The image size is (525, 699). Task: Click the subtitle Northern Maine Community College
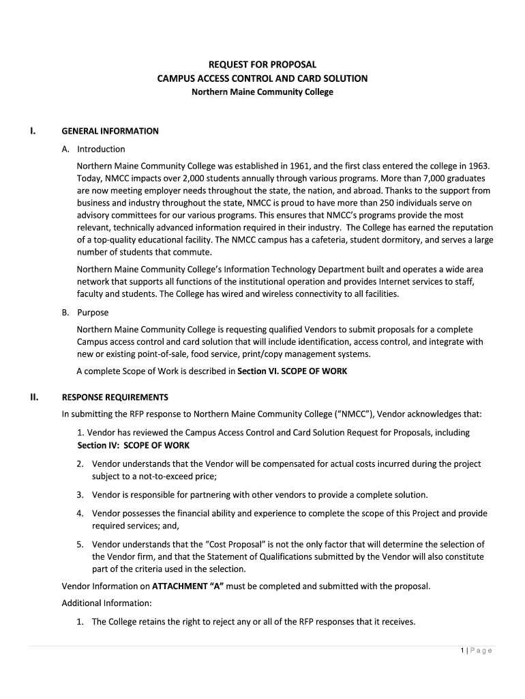[x=262, y=91]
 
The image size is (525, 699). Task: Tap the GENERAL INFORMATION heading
[x=110, y=131]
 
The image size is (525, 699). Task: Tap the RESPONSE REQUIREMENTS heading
[x=115, y=397]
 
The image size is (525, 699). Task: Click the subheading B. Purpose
[x=85, y=313]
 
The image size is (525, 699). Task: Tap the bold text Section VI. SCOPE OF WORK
[x=292, y=371]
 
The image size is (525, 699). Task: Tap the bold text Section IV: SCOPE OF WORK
[x=134, y=445]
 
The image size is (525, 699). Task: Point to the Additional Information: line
[x=107, y=603]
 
